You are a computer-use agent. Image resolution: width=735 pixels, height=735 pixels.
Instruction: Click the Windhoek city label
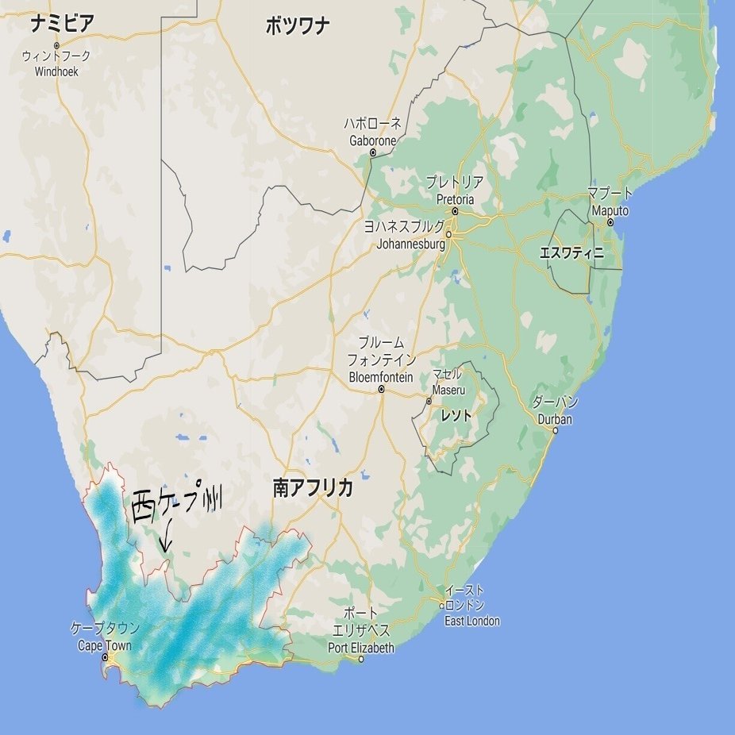(58, 71)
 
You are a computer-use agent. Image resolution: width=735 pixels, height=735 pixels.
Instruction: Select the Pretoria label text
(454, 198)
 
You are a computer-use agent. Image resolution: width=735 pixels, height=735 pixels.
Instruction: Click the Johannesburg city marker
(448, 234)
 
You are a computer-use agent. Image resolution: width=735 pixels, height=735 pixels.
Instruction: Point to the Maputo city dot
(610, 223)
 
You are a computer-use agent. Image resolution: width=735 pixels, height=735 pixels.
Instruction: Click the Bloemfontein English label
(381, 377)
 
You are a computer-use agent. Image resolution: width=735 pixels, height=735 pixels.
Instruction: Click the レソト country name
(456, 415)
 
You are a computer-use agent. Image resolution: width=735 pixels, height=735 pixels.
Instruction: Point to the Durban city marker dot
(556, 431)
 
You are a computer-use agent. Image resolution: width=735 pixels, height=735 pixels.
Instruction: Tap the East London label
(472, 621)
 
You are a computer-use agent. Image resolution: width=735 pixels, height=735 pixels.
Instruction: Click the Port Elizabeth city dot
(362, 659)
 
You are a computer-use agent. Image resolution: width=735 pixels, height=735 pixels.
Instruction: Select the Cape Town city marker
(105, 657)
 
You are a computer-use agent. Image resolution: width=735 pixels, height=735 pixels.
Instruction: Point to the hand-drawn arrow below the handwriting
(165, 537)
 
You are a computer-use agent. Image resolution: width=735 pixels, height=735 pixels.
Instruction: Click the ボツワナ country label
(298, 25)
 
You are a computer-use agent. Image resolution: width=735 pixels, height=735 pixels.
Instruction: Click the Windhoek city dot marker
(57, 45)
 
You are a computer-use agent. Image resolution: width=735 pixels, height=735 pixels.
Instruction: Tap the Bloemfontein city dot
(382, 390)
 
